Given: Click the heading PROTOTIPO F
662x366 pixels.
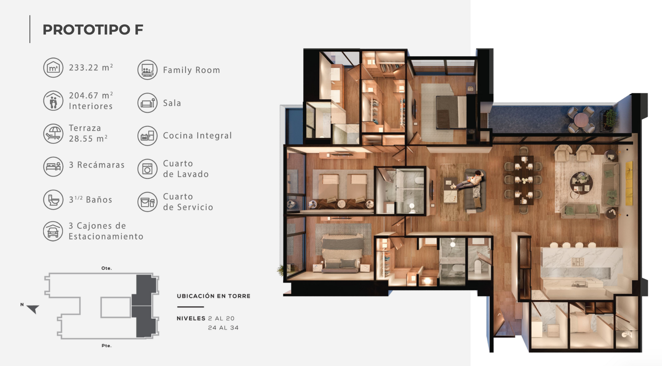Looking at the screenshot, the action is point(93,30).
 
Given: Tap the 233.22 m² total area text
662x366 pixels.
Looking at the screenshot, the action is point(91,67).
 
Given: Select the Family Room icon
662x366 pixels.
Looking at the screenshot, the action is point(147,70).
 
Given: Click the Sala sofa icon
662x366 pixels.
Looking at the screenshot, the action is point(147,103).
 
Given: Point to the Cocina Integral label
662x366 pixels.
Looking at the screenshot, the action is point(197,136).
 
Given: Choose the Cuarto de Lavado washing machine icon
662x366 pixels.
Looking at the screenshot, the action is point(147,169).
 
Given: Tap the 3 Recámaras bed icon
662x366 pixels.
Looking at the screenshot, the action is point(53,167).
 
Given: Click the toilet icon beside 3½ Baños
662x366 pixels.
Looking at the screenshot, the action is point(53,199).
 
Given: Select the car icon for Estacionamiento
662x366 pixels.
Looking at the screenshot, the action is point(53,231).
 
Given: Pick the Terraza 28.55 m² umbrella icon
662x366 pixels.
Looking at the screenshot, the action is point(53,133).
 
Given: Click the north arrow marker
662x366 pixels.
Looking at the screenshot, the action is point(33,309).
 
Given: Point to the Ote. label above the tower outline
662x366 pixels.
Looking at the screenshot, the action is point(107,268).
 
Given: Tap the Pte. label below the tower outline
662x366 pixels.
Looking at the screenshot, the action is point(107,346).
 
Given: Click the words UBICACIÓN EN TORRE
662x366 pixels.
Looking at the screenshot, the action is point(213,296).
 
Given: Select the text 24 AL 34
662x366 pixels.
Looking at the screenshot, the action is point(223,328).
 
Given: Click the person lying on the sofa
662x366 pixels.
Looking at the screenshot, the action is point(470,181).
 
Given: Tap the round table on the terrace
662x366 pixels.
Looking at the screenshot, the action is point(581,120).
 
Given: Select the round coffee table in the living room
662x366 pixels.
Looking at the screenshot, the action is point(581,183).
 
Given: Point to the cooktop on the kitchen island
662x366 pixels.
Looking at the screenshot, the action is point(578,262).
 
